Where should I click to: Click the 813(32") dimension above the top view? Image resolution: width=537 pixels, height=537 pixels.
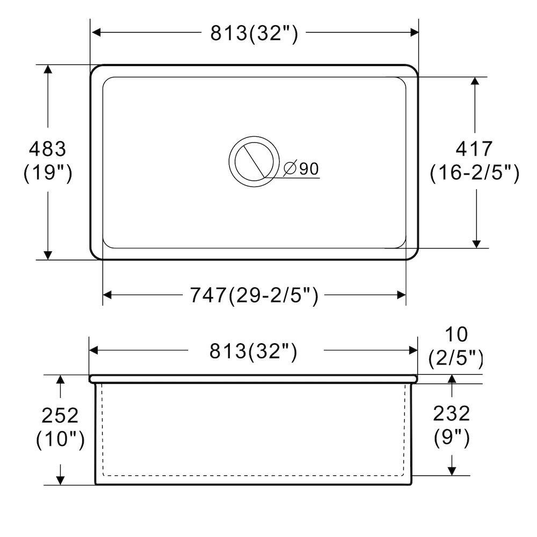click(253, 33)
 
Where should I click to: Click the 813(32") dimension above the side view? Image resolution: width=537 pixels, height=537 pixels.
click(253, 351)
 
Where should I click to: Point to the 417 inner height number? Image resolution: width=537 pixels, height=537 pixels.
click(474, 148)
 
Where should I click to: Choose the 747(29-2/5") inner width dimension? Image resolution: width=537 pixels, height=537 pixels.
click(254, 295)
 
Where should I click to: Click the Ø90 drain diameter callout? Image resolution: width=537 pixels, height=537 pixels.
click(301, 169)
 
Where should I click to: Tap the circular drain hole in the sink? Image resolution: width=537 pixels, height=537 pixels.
click(254, 160)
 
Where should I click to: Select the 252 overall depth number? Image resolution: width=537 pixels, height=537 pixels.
click(60, 415)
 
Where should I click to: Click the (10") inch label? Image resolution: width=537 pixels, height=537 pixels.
click(60, 440)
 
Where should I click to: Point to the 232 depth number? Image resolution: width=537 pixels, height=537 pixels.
click(452, 413)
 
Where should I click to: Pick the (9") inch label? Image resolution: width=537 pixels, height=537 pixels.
click(452, 438)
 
